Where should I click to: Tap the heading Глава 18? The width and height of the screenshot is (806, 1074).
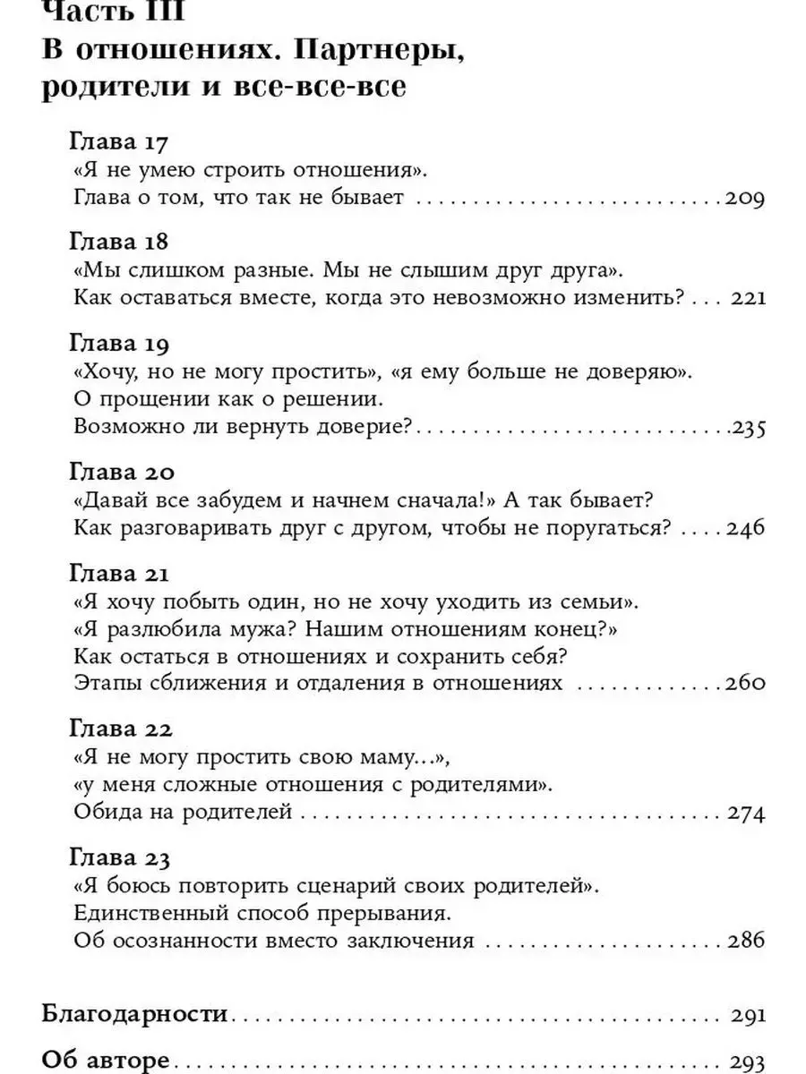click(119, 243)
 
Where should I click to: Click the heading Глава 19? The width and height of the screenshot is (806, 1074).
click(119, 343)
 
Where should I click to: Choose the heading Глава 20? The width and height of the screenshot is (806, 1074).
click(122, 472)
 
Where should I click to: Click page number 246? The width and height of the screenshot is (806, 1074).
click(746, 528)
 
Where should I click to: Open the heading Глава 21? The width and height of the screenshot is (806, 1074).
click(119, 572)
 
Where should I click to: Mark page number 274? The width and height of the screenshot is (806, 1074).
click(746, 814)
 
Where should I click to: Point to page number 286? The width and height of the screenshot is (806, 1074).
click(746, 943)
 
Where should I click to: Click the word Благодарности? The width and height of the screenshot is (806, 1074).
click(134, 1015)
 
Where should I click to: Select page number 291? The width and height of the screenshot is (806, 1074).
click(748, 1016)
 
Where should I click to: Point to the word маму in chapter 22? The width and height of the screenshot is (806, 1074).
click(386, 757)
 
